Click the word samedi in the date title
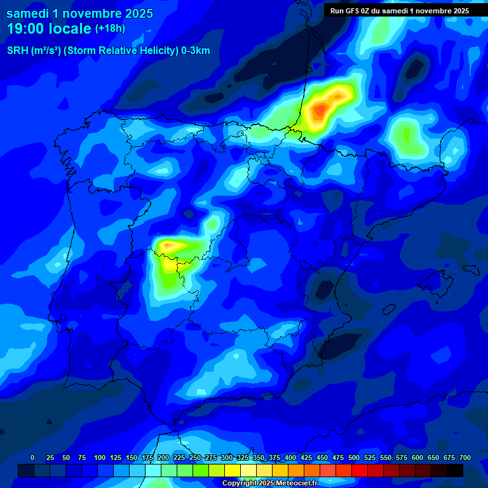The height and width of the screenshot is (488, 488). [29, 13]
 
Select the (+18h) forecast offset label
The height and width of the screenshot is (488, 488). [110, 29]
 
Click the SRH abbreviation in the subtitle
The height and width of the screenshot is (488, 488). [18, 51]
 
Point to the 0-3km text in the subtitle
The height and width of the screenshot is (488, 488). [196, 51]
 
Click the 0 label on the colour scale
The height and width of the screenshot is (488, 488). [32, 457]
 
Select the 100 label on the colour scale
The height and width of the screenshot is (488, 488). [100, 457]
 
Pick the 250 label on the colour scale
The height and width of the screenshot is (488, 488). [195, 457]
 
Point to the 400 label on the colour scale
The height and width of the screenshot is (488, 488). [290, 457]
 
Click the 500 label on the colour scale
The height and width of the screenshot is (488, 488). [354, 457]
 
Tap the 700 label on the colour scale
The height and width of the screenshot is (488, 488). [465, 457]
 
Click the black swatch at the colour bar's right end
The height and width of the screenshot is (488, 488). [455, 471]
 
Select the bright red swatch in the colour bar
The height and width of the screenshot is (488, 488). [359, 471]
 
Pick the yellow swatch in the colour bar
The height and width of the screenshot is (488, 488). [233, 471]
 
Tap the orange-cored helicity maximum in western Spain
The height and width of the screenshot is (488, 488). [169, 245]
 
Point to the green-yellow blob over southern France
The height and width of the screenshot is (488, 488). [407, 135]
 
